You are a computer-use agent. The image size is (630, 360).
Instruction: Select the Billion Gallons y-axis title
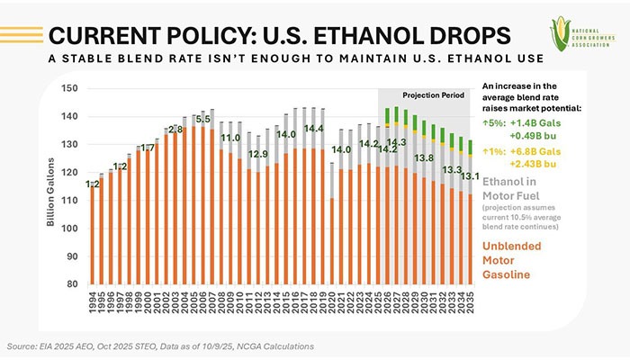coord(52,187)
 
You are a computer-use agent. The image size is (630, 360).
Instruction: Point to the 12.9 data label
coord(257,154)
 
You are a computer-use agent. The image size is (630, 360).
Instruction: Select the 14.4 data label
coord(313,129)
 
